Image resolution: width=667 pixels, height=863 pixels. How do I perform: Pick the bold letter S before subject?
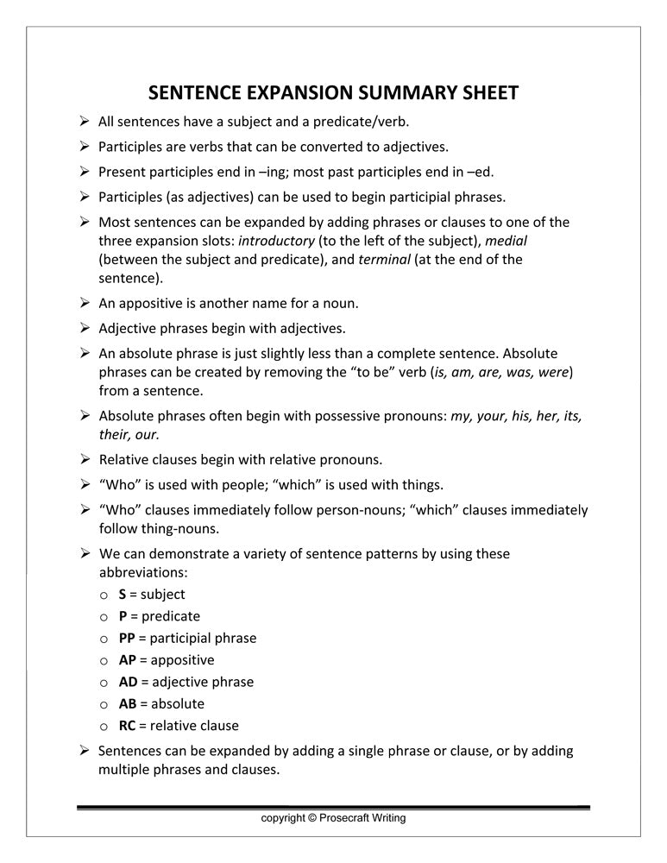pos(123,595)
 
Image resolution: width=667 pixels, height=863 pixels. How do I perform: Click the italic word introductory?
pos(276,241)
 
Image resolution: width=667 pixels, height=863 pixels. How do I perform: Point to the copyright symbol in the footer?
pos(311,818)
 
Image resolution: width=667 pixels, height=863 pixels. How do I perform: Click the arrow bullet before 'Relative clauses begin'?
pos(85,459)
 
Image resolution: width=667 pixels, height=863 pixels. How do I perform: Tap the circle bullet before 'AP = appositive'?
pos(104,661)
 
